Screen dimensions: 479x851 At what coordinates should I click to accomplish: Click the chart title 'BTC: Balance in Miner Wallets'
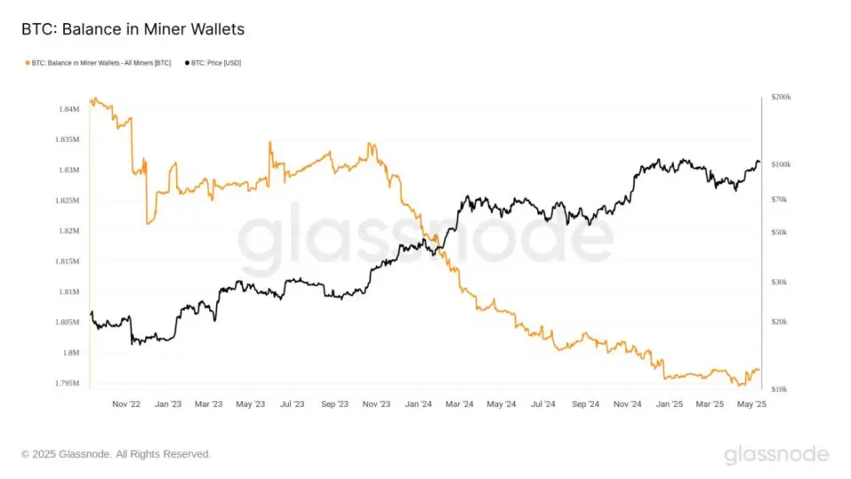coord(133,30)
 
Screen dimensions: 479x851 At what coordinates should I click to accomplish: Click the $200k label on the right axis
coord(781,97)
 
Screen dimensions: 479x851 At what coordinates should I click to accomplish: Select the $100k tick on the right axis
coord(781,165)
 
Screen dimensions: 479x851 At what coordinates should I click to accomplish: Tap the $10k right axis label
coord(779,389)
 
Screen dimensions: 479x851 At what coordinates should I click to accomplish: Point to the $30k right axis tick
coord(779,282)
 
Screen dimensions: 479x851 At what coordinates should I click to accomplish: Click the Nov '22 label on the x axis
coord(126,404)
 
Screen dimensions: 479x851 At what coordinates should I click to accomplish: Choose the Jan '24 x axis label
coord(418,404)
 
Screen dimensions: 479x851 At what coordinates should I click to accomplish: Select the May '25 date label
coord(753,404)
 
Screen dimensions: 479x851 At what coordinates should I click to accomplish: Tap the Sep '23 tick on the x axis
coord(334,404)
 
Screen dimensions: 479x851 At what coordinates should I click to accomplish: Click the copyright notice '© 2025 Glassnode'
coord(116,454)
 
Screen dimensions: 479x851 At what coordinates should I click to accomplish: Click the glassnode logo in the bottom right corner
coord(777,455)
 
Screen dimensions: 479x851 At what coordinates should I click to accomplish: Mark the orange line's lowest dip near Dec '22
coord(148,223)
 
